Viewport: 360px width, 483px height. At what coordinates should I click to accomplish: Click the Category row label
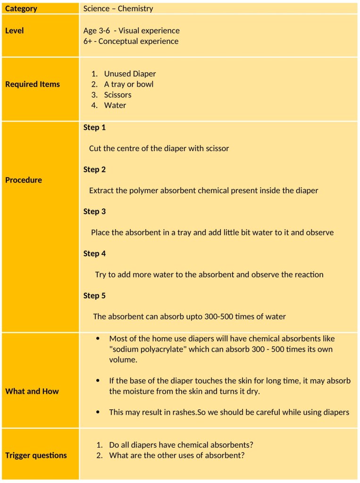tap(21, 8)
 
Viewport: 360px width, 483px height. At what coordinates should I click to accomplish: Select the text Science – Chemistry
tap(118, 8)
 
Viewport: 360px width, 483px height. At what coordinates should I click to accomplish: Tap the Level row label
tap(14, 31)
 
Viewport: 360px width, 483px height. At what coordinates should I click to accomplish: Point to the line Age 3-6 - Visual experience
tap(131, 31)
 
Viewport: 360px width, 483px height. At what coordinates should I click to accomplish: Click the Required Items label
tap(33, 84)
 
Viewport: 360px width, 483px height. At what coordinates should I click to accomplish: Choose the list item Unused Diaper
tap(130, 74)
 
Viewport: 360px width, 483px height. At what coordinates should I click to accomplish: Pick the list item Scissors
tap(117, 94)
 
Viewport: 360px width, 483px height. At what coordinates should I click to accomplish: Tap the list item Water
tap(115, 105)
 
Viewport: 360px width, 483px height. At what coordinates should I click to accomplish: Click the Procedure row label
tap(24, 180)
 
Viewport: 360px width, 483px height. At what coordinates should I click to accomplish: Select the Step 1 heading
tap(94, 127)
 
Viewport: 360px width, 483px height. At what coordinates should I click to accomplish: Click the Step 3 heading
tap(94, 212)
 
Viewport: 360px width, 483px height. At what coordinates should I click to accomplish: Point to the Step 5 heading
tap(94, 296)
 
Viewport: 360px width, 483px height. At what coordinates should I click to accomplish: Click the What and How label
tap(32, 391)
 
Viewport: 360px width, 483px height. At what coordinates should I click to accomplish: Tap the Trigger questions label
tap(36, 455)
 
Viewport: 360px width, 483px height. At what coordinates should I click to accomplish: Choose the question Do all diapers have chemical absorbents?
tap(181, 445)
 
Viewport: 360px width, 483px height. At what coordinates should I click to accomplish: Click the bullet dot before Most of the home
tap(98, 339)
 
